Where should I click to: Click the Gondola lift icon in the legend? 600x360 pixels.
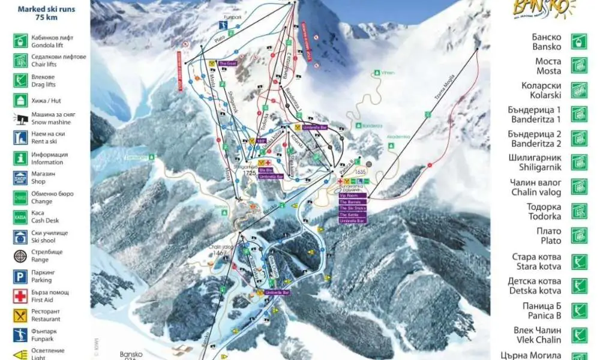[x=20, y=40]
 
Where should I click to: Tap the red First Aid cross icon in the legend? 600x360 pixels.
[x=20, y=295]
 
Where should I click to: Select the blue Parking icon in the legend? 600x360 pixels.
[x=20, y=275]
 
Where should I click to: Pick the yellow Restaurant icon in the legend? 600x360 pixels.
[x=20, y=315]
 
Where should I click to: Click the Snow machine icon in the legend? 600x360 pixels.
[x=20, y=118]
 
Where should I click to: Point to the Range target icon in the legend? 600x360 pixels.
[x=20, y=256]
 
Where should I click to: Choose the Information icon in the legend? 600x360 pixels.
[x=20, y=158]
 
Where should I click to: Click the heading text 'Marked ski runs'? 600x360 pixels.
[x=46, y=9]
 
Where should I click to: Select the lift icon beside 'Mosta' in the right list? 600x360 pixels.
[x=578, y=65]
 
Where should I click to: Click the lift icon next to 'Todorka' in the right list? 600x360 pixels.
[x=578, y=211]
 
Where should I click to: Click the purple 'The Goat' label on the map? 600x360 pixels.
[x=228, y=63]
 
